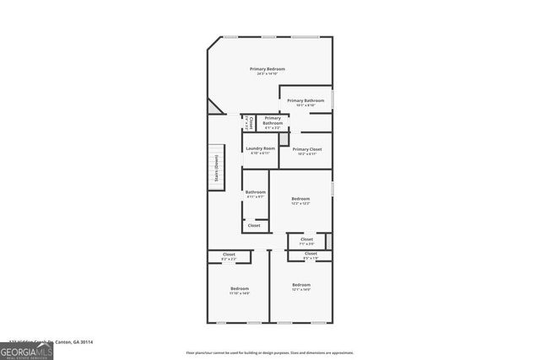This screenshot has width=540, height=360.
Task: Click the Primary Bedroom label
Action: pos(267,68)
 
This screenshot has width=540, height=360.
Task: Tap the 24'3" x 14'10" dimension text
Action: pos(267,74)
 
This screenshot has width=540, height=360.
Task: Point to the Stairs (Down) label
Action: pos(217,167)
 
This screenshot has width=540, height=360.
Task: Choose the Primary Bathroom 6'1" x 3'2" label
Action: pos(272,122)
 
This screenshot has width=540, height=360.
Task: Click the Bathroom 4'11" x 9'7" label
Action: pos(256,194)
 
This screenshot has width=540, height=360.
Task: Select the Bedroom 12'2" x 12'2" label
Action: pos(300,201)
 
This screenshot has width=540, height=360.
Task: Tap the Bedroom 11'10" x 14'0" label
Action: pos(240,291)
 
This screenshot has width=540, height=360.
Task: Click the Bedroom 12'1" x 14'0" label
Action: pos(301,287)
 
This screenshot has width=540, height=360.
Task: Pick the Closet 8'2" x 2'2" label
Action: pos(229,255)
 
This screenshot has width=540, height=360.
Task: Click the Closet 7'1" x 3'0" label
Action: pos(306,241)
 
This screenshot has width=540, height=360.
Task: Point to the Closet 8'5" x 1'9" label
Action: pos(310,255)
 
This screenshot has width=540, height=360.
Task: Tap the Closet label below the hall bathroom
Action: pos(254,226)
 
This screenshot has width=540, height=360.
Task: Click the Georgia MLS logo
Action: pos(26,350)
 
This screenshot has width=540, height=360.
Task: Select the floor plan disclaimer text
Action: pos(271,352)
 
